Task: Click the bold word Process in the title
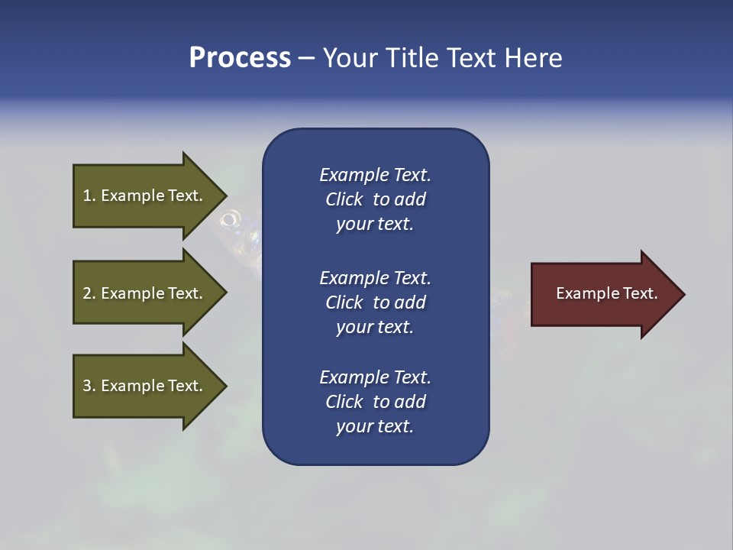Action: [240, 58]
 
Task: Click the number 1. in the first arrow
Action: [89, 196]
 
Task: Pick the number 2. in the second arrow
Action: [89, 293]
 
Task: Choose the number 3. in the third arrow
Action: [89, 386]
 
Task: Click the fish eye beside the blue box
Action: [229, 221]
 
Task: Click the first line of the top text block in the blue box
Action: [375, 175]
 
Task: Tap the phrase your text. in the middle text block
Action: [375, 327]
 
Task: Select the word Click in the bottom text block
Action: [344, 402]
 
